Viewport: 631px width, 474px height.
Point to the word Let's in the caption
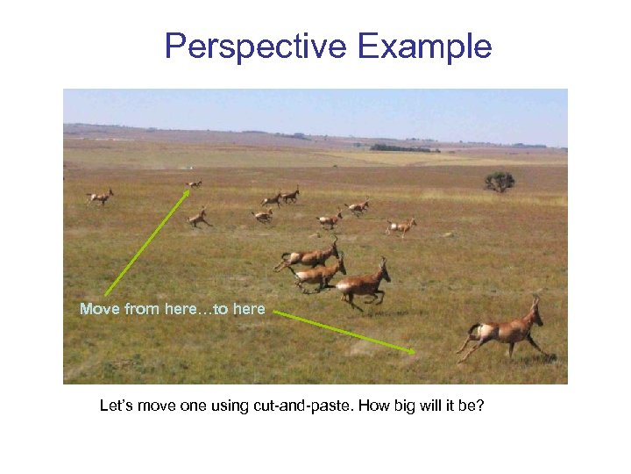(117, 406)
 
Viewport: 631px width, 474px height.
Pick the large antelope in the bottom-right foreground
(504, 332)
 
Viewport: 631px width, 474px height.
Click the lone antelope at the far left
(101, 197)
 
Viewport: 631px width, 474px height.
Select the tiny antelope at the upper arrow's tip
(194, 184)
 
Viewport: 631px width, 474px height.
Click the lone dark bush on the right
(500, 181)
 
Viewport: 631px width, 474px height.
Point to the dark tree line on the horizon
(403, 148)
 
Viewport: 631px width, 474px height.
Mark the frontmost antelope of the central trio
(361, 284)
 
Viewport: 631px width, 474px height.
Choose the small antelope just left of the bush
(401, 226)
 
